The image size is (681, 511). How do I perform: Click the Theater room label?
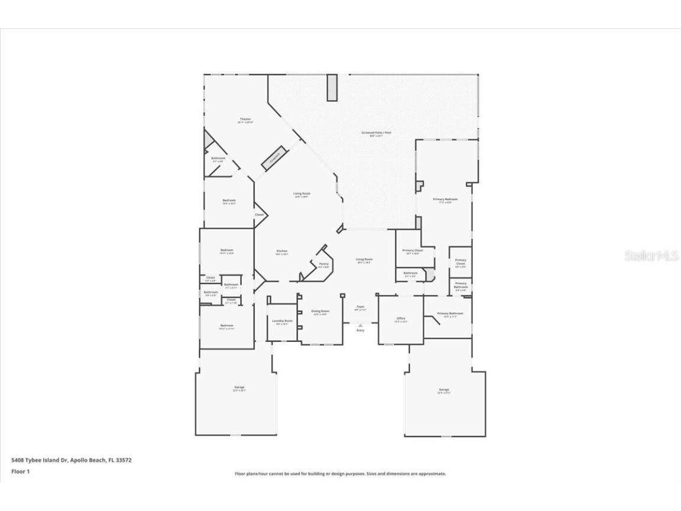pos(245,119)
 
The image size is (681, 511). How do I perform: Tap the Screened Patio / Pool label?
pos(376,133)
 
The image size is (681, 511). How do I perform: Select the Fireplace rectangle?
pos(274,159)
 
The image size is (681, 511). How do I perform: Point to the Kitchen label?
pos(281,251)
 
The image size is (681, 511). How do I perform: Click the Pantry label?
pos(323,264)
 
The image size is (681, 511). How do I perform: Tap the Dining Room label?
pos(320,311)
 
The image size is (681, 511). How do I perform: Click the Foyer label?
pos(360,308)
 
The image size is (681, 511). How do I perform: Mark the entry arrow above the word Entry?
pos(360,325)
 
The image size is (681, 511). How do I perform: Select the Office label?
pos(401,319)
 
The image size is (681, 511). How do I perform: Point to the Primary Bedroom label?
pos(445,199)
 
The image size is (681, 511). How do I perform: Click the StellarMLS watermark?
pos(651,256)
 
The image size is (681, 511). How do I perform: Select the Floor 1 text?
pos(20,471)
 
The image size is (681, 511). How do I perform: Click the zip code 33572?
pos(124,460)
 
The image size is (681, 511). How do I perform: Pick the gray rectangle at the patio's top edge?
pos(332,88)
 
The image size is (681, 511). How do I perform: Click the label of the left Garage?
pos(238,388)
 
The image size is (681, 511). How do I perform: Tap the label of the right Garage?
pos(444,390)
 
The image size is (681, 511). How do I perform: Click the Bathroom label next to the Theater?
pos(218,158)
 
